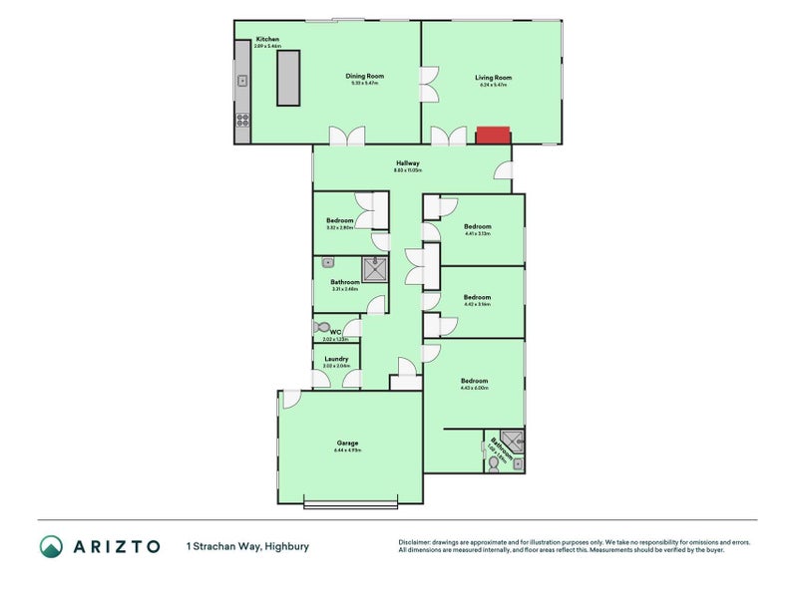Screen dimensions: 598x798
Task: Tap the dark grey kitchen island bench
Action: (x=288, y=77)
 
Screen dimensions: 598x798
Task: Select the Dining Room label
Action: (x=364, y=76)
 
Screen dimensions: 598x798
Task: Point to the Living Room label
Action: (x=493, y=77)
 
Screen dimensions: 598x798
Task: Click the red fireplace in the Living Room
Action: (x=492, y=135)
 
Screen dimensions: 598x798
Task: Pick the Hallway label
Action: (x=408, y=163)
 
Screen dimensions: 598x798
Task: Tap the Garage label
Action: (x=347, y=443)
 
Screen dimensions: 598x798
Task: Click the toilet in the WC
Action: (x=321, y=327)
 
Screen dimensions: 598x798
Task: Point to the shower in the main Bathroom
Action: (x=374, y=268)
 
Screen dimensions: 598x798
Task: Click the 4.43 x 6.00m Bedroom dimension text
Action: (x=474, y=389)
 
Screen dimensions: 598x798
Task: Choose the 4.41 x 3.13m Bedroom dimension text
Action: (x=478, y=234)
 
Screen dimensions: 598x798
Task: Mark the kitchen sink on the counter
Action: (x=242, y=81)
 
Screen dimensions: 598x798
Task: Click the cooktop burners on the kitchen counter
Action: (x=242, y=122)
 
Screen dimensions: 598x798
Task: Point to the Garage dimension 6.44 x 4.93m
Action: (x=347, y=450)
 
